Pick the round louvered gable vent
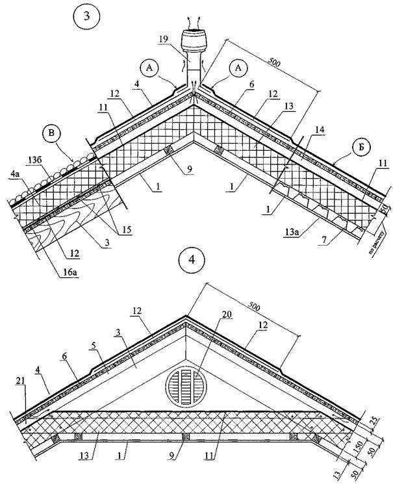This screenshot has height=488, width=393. point(185,388)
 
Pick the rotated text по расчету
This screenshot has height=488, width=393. point(378,238)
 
